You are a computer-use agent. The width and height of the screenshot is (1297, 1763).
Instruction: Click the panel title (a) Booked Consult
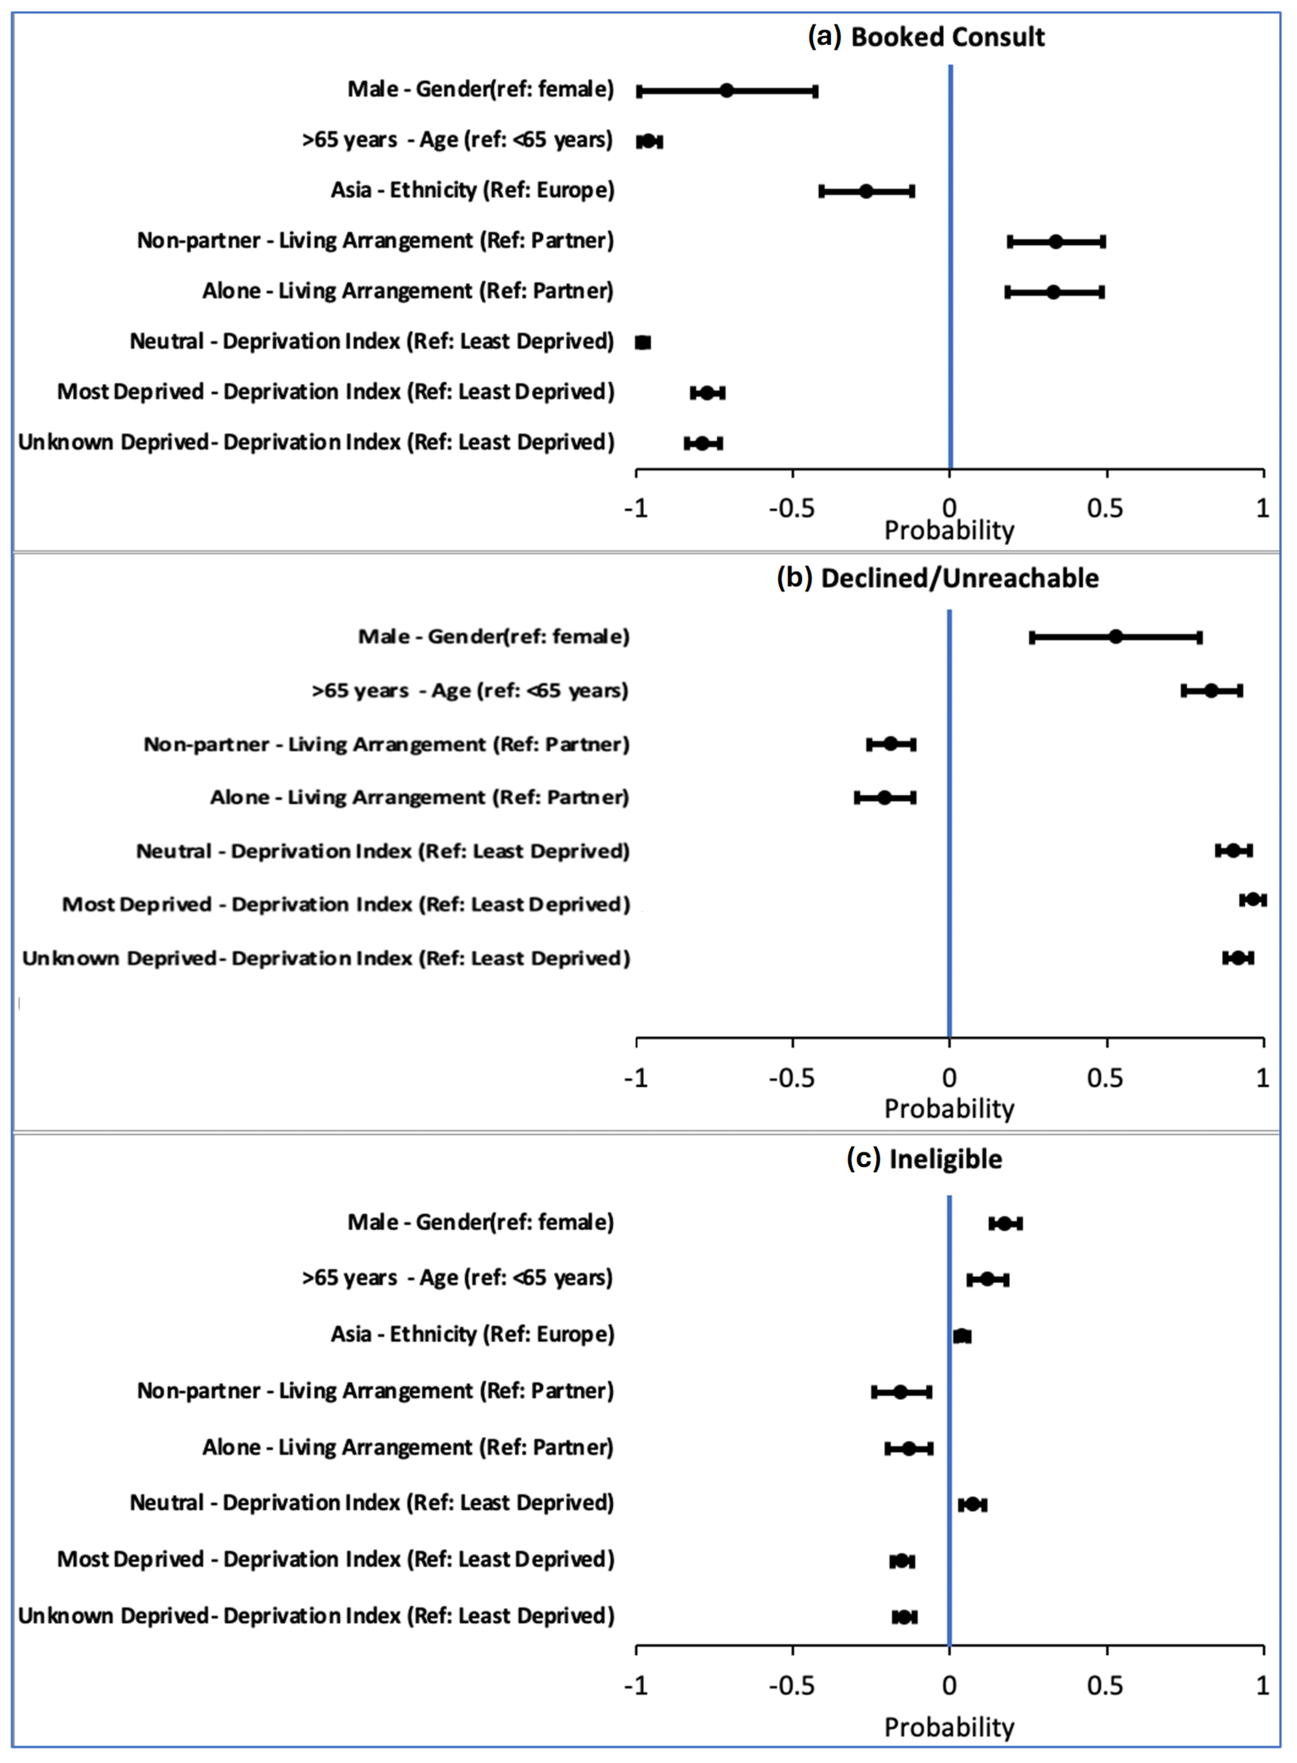pos(926,37)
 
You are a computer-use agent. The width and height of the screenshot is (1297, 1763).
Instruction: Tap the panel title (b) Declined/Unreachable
pos(937,578)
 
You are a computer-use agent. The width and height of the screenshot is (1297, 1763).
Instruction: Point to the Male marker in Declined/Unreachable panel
pos(1116,637)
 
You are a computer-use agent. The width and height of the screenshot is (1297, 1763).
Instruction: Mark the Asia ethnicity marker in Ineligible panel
pos(962,1336)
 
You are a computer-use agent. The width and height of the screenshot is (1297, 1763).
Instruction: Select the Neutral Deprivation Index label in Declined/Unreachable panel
pos(382,851)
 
